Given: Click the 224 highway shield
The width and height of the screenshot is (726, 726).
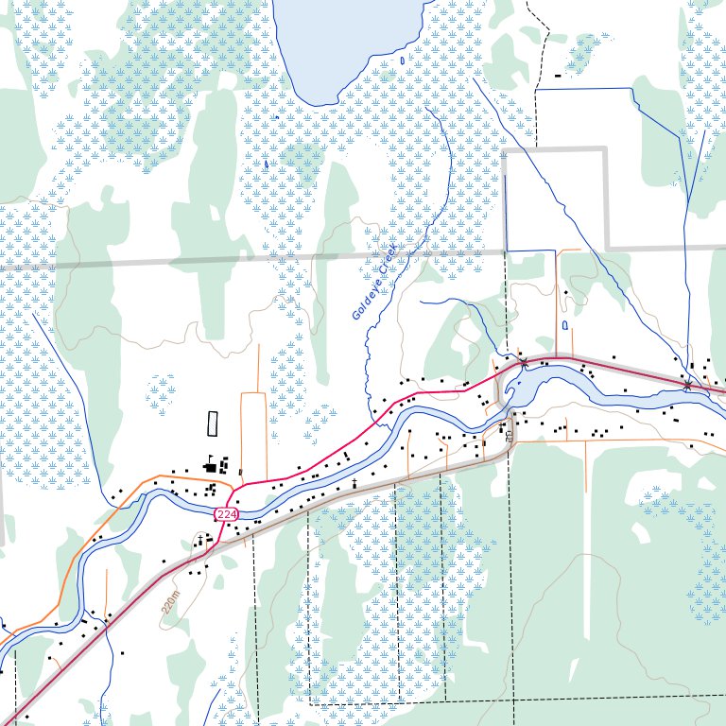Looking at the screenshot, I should pyautogui.click(x=226, y=513).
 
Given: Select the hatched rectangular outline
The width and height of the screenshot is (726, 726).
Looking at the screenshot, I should pyautogui.click(x=212, y=423).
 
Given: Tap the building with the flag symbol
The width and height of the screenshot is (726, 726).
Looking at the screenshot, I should pyautogui.click(x=208, y=465).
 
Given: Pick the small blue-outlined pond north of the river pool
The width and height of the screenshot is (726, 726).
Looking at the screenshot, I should pyautogui.click(x=565, y=325).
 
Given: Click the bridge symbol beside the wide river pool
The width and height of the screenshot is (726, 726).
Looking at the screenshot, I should pyautogui.click(x=523, y=362).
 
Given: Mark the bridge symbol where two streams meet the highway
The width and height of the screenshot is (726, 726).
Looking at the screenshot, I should pyautogui.click(x=688, y=384).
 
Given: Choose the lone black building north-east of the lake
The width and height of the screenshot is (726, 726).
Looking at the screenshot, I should pyautogui.click(x=558, y=75).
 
